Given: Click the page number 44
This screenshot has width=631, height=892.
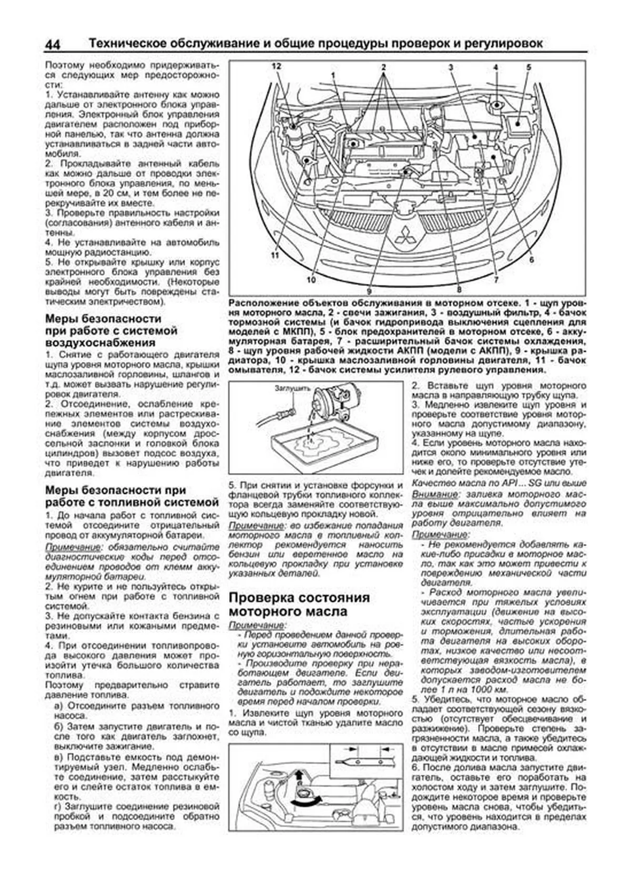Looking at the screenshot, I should (53, 45).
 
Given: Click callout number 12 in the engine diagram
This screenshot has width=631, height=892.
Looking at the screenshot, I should (277, 66).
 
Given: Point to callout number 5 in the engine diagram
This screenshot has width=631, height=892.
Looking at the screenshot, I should (528, 67).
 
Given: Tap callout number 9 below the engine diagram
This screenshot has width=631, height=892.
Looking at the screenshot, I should (369, 291).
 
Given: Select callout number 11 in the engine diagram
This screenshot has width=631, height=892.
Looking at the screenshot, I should (274, 255).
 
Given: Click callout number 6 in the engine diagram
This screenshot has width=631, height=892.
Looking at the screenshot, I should (532, 260).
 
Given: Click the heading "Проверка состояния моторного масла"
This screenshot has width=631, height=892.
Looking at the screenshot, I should (299, 604).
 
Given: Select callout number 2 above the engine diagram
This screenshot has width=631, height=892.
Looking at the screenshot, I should (384, 67).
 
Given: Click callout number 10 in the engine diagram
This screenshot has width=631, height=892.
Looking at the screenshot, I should (311, 280).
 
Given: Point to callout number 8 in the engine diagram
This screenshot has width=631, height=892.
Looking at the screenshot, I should (459, 289).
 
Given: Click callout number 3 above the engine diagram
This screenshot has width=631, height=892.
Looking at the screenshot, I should (451, 67).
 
